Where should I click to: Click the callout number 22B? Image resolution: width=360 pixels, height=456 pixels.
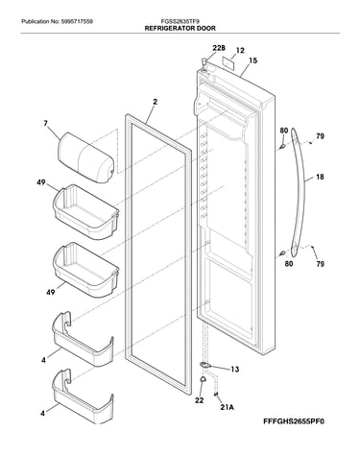click(219, 48)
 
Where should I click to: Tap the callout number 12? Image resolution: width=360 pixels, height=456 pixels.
click(240, 50)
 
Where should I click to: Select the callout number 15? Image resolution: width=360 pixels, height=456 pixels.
click(252, 60)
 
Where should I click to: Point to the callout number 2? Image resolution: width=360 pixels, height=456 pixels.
click(155, 102)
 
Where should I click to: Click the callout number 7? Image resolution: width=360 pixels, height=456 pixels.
click(46, 123)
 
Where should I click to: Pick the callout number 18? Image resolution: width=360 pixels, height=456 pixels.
click(320, 177)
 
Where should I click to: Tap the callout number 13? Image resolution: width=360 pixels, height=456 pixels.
click(235, 370)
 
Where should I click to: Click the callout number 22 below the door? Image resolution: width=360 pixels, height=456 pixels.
click(200, 400)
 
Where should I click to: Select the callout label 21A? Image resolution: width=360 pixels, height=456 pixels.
click(227, 407)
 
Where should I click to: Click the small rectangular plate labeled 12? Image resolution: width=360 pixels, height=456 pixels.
click(228, 63)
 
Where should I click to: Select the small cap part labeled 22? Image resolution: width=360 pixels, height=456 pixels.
click(203, 379)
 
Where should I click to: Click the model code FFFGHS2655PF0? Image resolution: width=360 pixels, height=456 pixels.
click(294, 421)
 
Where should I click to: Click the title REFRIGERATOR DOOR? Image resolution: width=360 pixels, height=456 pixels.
click(180, 28)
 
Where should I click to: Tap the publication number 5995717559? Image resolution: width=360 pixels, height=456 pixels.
click(77, 22)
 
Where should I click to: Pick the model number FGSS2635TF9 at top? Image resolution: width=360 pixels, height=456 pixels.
click(180, 21)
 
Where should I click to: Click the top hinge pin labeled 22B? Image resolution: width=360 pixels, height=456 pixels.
click(204, 61)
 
